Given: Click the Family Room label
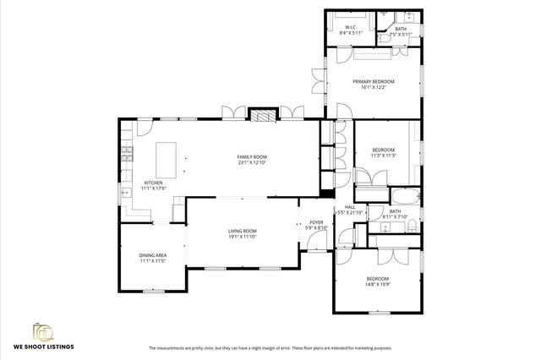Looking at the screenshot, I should click(x=251, y=156).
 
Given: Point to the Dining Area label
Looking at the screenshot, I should click(x=153, y=254).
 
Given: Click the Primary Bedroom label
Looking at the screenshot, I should click(x=372, y=81).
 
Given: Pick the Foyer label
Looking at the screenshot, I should click(x=317, y=221).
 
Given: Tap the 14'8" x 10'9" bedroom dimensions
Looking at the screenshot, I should click(x=377, y=285).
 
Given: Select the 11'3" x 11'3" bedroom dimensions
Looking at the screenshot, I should click(x=384, y=155).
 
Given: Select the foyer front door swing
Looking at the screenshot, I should click(x=320, y=242).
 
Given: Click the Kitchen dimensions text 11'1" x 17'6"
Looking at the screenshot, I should click(x=153, y=188).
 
